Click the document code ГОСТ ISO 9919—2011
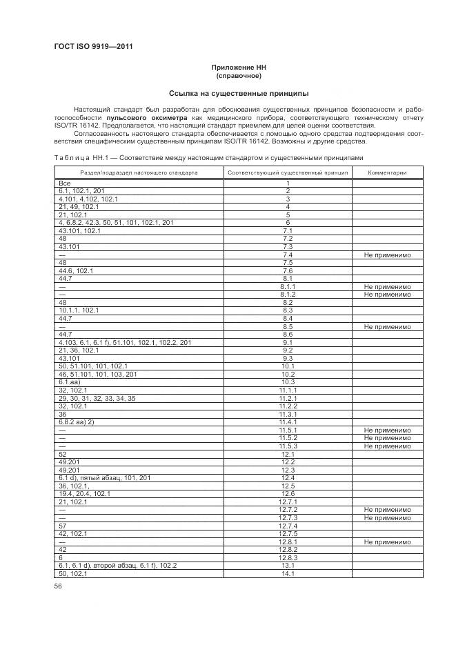coord(93,47)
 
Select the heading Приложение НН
coord(238,68)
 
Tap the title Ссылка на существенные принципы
coord(238,93)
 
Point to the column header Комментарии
coord(386,173)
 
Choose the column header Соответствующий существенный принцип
coord(288,173)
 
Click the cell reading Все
coord(66,183)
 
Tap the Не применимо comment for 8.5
coord(386,326)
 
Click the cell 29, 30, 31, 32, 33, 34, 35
coord(97,398)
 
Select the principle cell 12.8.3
coord(288,557)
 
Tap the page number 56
coord(58,586)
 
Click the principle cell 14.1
coord(288,573)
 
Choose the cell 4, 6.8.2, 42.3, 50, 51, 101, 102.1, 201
coord(116,223)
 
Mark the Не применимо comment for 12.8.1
coord(386,542)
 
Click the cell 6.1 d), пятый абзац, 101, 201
coord(99,478)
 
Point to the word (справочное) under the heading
coord(238,77)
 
